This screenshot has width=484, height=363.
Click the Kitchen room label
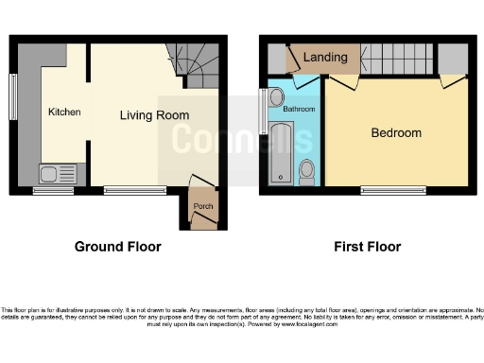(64, 112)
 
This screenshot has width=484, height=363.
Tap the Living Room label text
(153, 115)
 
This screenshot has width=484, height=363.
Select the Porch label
(202, 206)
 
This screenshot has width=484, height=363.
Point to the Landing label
(324, 58)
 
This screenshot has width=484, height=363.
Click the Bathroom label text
(299, 110)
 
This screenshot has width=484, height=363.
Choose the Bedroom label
(395, 132)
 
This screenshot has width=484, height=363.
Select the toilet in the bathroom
(306, 171)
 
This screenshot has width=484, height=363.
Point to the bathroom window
(263, 112)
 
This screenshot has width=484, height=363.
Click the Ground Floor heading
(117, 247)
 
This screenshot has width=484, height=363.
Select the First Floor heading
(367, 247)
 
